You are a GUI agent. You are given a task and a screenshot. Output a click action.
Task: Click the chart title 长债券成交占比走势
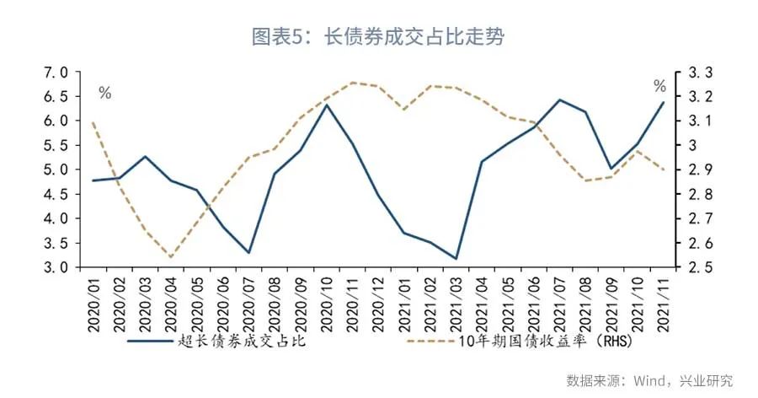pos(378,36)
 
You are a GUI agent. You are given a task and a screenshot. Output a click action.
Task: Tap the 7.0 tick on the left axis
pos(57,73)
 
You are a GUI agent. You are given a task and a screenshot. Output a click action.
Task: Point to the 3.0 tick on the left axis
pos(57,267)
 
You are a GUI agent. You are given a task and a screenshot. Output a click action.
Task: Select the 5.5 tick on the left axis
pos(57,145)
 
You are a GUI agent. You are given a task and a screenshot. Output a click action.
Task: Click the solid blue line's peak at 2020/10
pos(326,105)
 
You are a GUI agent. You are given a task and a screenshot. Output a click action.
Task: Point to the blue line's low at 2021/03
pos(456,258)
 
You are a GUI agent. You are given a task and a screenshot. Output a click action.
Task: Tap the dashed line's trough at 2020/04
pos(171,257)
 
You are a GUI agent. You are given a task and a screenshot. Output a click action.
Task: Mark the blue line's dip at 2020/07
pos(248,252)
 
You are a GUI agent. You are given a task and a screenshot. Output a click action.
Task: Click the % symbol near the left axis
pos(104,94)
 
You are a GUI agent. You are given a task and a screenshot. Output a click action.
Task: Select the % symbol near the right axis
pos(659,86)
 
